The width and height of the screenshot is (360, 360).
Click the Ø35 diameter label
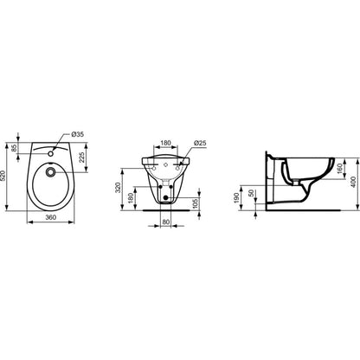point(77,134)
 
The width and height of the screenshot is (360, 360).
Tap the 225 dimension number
point(82,157)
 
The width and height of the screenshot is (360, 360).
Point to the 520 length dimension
point(3,176)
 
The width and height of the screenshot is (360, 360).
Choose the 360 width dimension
point(51,217)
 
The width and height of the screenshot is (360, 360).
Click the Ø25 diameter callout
point(200,143)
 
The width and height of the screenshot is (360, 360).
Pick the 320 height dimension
point(119,188)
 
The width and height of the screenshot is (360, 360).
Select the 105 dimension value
point(196,203)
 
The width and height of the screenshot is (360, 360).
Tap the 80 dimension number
point(166,222)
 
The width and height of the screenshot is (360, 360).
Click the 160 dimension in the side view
point(339,169)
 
